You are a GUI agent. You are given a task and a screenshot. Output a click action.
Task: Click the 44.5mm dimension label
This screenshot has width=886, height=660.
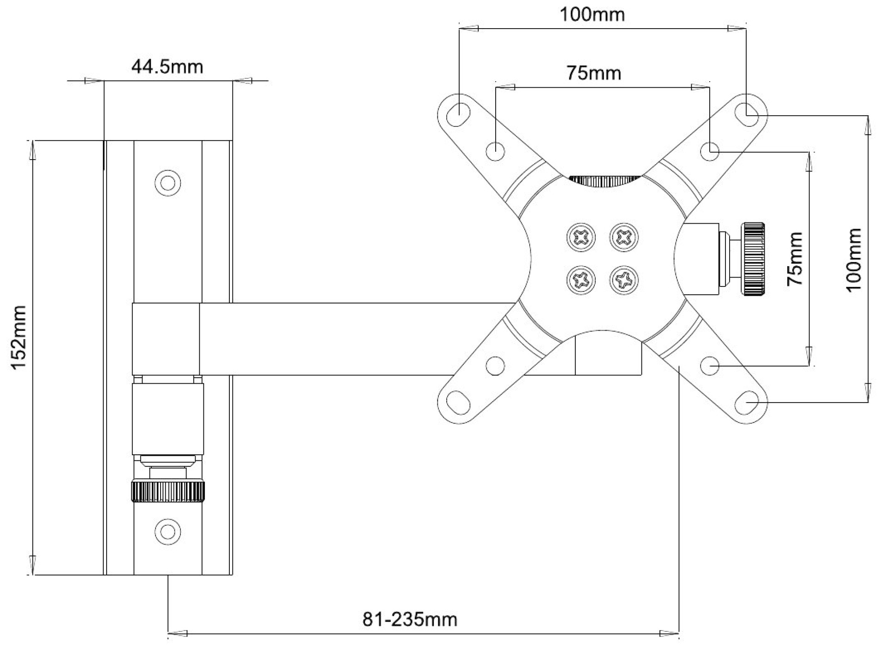pyautogui.click(x=167, y=67)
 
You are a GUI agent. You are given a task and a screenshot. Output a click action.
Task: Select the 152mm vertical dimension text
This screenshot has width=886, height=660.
pyautogui.click(x=19, y=337)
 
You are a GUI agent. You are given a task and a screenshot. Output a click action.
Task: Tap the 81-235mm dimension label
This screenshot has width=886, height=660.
pyautogui.click(x=410, y=619)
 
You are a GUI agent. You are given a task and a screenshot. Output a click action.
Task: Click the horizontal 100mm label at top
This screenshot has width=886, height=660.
pyautogui.click(x=592, y=15)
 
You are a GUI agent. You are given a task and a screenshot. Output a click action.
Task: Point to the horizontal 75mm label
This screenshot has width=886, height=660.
pyautogui.click(x=594, y=73)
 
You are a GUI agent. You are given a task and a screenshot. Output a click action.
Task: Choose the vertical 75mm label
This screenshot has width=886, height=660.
pyautogui.click(x=795, y=259)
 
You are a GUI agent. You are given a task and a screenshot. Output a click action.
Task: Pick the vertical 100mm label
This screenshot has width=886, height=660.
pyautogui.click(x=854, y=259)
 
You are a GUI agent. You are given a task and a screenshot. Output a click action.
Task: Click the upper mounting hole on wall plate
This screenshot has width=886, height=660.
pyautogui.click(x=168, y=183)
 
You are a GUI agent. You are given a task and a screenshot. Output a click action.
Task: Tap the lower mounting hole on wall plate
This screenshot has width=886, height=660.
pyautogui.click(x=168, y=531)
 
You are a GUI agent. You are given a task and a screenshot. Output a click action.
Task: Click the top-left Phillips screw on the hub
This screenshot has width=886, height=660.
pyautogui.click(x=581, y=238)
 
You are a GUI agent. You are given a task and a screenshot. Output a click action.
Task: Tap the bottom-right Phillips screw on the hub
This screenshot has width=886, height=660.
pyautogui.click(x=624, y=280)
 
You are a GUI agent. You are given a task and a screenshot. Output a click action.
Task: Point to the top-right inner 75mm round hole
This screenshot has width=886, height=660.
pyautogui.click(x=710, y=151)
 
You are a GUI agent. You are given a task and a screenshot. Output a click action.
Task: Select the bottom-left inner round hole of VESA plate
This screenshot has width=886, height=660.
pyautogui.click(x=495, y=366)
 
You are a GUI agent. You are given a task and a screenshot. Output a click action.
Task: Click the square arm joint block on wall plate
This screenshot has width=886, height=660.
pyautogui.click(x=166, y=339)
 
